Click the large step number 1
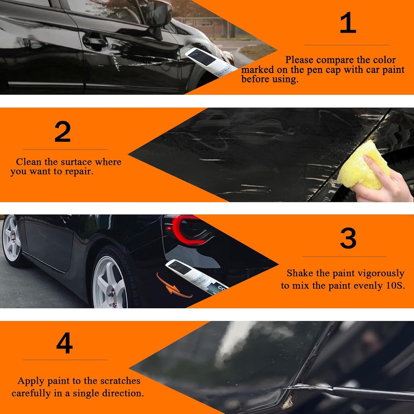click(348, 23)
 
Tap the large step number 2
click(62, 132)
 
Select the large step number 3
click(348, 238)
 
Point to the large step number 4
click(64, 343)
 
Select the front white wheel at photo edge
click(11, 238)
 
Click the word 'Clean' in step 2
click(29, 162)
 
